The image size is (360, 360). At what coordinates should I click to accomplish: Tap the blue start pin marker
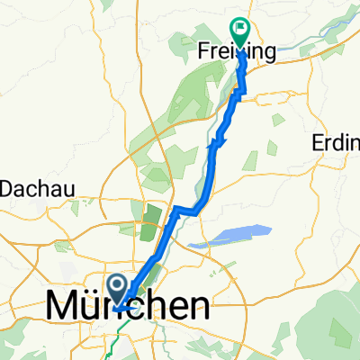[x=118, y=287]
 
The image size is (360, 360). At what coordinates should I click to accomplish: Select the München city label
[x=128, y=308]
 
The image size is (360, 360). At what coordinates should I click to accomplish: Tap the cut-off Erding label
[x=335, y=143]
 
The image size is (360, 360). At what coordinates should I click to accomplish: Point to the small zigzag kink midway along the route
[x=218, y=139]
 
